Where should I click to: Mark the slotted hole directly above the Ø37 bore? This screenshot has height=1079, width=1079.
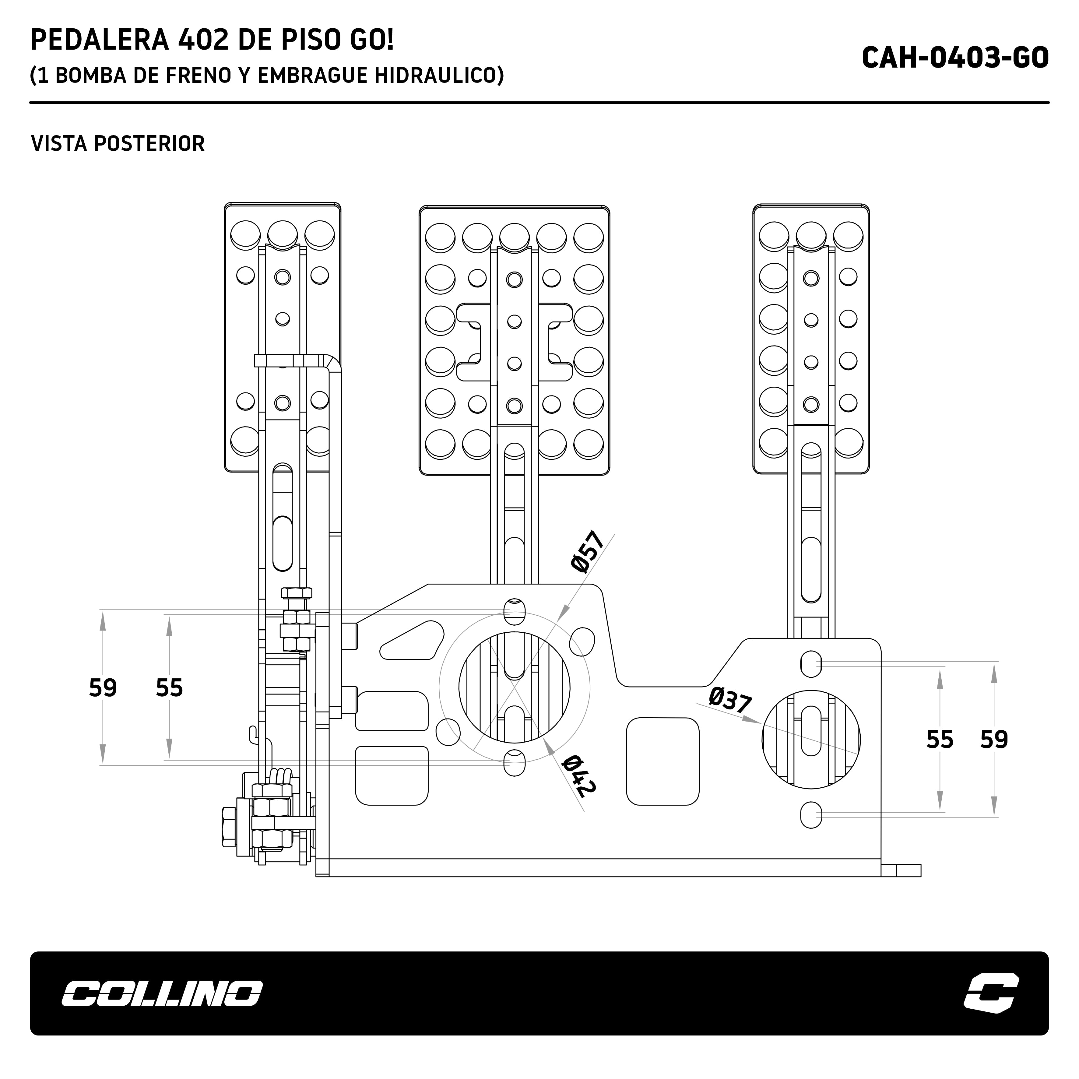(811, 663)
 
